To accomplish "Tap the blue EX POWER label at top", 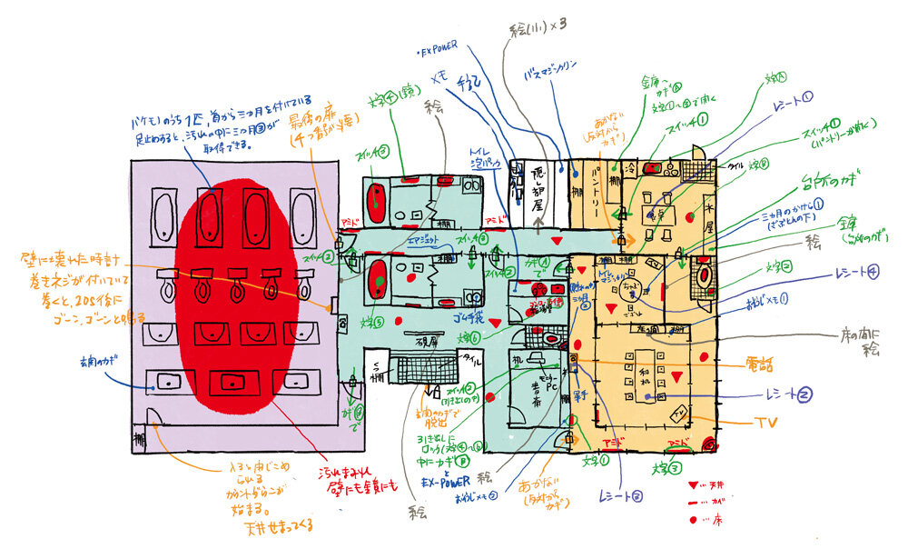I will click(439, 53).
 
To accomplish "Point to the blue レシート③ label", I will click(620, 496).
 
